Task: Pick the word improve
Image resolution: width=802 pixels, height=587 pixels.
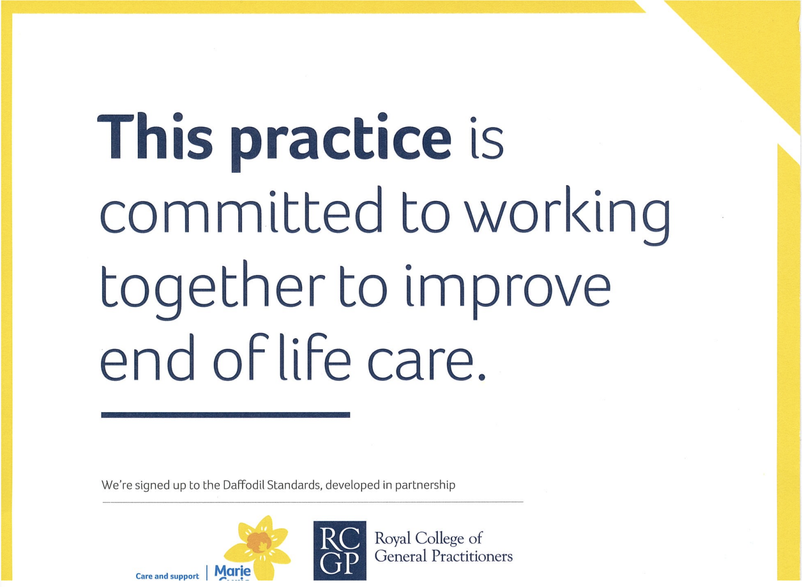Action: pos(508,289)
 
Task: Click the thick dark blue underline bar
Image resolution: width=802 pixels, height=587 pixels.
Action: pos(225,415)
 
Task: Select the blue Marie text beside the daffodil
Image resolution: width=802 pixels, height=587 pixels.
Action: pos(232,572)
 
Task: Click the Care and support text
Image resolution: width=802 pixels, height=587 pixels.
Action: pos(167,576)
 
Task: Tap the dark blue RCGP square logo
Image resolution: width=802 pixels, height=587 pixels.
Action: pos(340,550)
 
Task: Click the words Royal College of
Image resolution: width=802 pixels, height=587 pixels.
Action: pos(429,538)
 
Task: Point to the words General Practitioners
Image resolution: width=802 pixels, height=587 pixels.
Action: pos(444,557)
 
